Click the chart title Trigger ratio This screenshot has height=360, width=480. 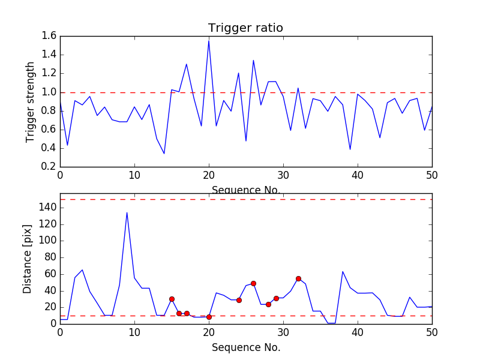tap(245, 28)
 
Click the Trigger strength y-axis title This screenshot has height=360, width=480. tap(31, 101)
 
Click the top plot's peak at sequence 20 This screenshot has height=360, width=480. tap(209, 40)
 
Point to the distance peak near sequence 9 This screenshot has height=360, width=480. tap(127, 212)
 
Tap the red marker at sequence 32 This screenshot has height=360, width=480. tap(298, 278)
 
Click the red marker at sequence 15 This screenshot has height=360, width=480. tap(172, 299)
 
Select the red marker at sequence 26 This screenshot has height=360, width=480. tap(253, 283)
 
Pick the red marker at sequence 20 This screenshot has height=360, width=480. tap(209, 317)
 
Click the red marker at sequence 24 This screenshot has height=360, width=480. tap(239, 300)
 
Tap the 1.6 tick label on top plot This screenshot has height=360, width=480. tap(49, 36)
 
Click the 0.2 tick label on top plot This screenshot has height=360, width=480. tap(49, 167)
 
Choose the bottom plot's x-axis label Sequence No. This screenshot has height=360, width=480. tap(245, 347)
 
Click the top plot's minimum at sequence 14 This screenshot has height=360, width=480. tap(164, 154)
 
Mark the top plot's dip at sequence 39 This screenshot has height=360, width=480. tap(350, 149)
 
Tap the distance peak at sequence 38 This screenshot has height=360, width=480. tap(343, 271)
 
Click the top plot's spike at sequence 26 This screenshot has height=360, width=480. tap(253, 60)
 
